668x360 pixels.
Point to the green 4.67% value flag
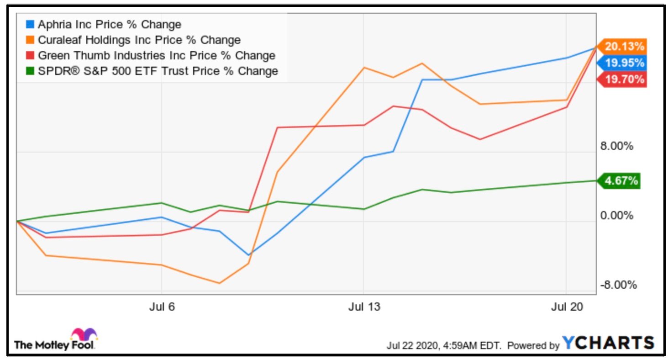pos(621,181)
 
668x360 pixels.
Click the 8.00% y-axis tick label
pos(616,147)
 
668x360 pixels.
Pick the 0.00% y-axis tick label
pos(616,216)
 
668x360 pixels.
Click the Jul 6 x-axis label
pos(162,307)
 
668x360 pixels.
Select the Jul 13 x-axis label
pos(363,307)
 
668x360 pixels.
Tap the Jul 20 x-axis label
pos(566,307)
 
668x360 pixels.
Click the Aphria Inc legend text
pos(110,25)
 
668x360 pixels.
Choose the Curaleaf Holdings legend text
pos(139,40)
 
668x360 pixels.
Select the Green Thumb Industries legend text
pos(157,56)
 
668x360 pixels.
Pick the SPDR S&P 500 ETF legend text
pos(158,71)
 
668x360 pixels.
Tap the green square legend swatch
pos(31,71)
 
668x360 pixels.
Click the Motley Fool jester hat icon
pos(84,334)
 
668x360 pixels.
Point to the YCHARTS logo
pos(608,343)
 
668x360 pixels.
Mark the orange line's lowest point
pos(220,283)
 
